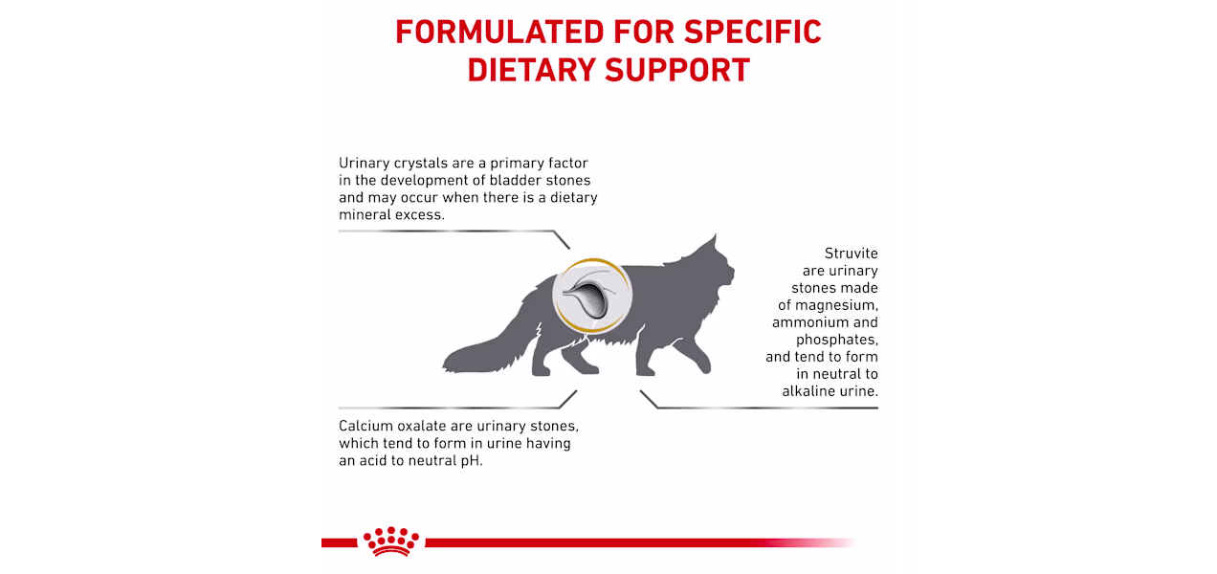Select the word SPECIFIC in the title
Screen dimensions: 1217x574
click(752, 32)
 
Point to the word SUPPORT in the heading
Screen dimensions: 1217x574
click(677, 70)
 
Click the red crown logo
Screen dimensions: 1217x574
click(391, 541)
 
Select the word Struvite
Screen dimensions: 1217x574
click(851, 254)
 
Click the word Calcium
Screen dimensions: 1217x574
click(365, 426)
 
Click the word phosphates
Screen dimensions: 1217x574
click(836, 340)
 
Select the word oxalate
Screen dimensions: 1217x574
click(422, 426)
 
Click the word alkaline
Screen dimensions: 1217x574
click(806, 391)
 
